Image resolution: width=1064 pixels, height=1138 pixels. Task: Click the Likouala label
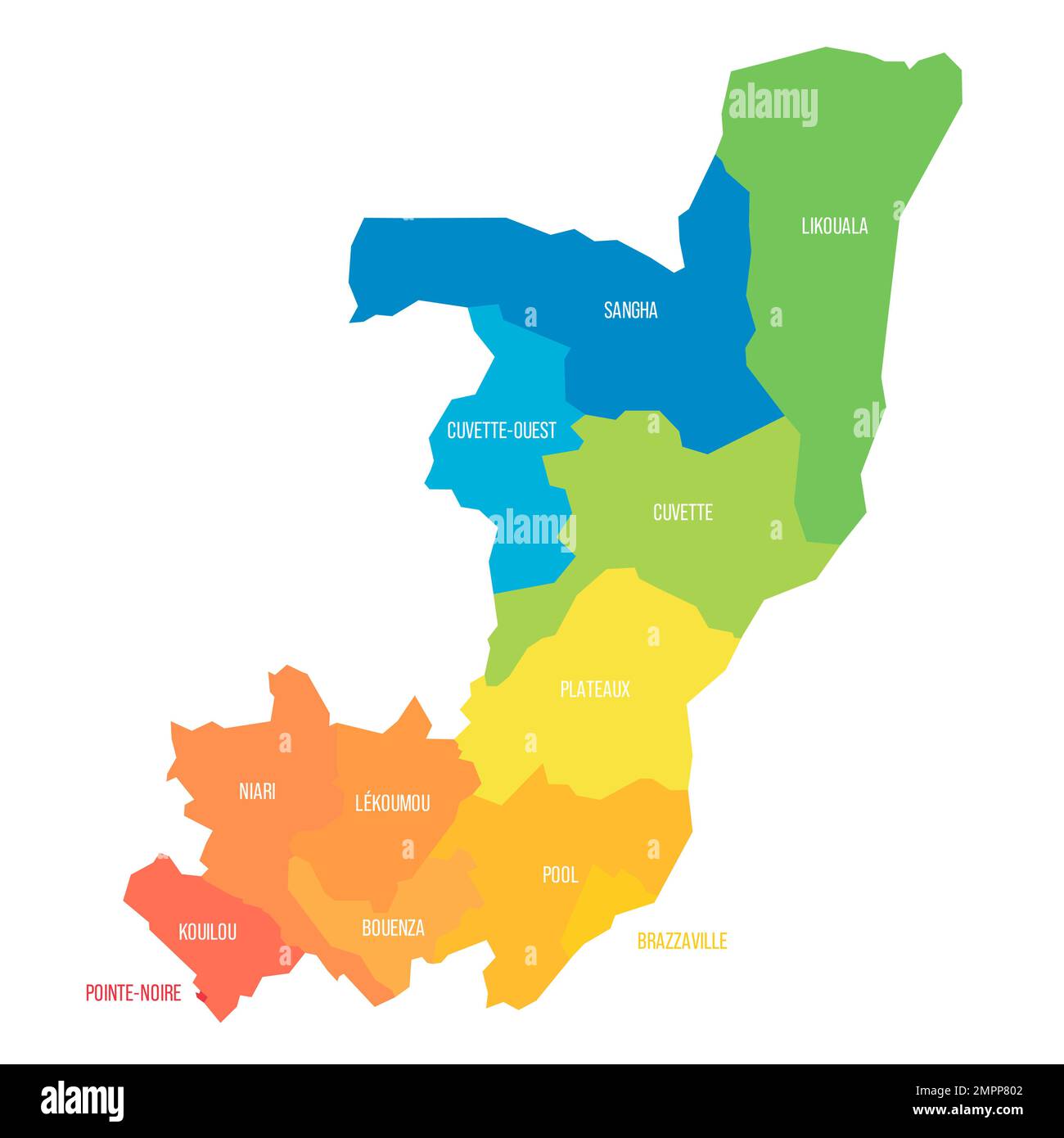pyautogui.click(x=834, y=226)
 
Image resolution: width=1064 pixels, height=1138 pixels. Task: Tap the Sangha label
pyautogui.click(x=630, y=310)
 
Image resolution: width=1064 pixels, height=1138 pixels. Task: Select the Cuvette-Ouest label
pyautogui.click(x=501, y=430)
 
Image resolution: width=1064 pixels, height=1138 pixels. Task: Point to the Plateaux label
pyautogui.click(x=595, y=689)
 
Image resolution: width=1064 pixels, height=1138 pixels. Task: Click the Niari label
pyautogui.click(x=257, y=792)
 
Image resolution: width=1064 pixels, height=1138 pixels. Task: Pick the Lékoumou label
pyautogui.click(x=392, y=803)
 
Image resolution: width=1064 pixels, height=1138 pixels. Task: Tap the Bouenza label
pyautogui.click(x=393, y=928)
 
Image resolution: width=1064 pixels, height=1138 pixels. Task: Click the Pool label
pyautogui.click(x=560, y=875)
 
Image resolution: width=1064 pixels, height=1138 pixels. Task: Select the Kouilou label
pyautogui.click(x=208, y=931)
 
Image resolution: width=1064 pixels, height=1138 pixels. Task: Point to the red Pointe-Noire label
pyautogui.click(x=133, y=993)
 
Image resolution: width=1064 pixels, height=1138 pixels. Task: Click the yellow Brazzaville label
pyautogui.click(x=682, y=942)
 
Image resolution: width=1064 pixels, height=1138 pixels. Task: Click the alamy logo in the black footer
pyautogui.click(x=82, y=1100)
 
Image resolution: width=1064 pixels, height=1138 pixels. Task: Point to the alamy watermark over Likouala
pyautogui.click(x=772, y=105)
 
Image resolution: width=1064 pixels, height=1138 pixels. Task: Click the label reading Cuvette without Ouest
pyautogui.click(x=683, y=513)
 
